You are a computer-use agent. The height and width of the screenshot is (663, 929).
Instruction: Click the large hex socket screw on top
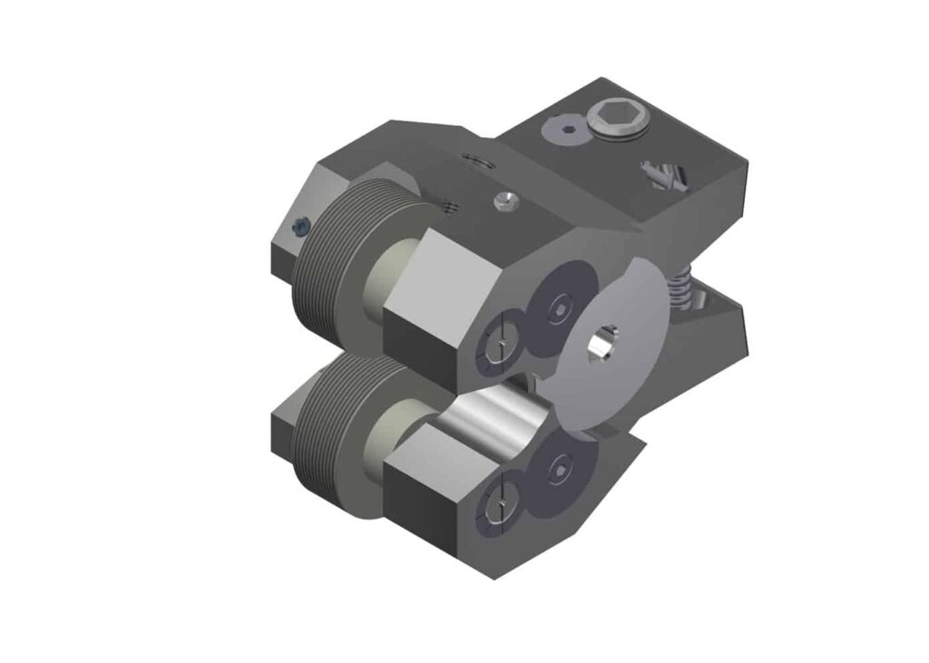(x=614, y=119)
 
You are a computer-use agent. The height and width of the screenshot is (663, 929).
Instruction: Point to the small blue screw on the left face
(x=301, y=229)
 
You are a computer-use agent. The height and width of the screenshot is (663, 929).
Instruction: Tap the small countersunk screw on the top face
(x=504, y=200)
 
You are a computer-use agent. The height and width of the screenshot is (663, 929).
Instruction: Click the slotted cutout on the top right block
(x=664, y=175)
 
